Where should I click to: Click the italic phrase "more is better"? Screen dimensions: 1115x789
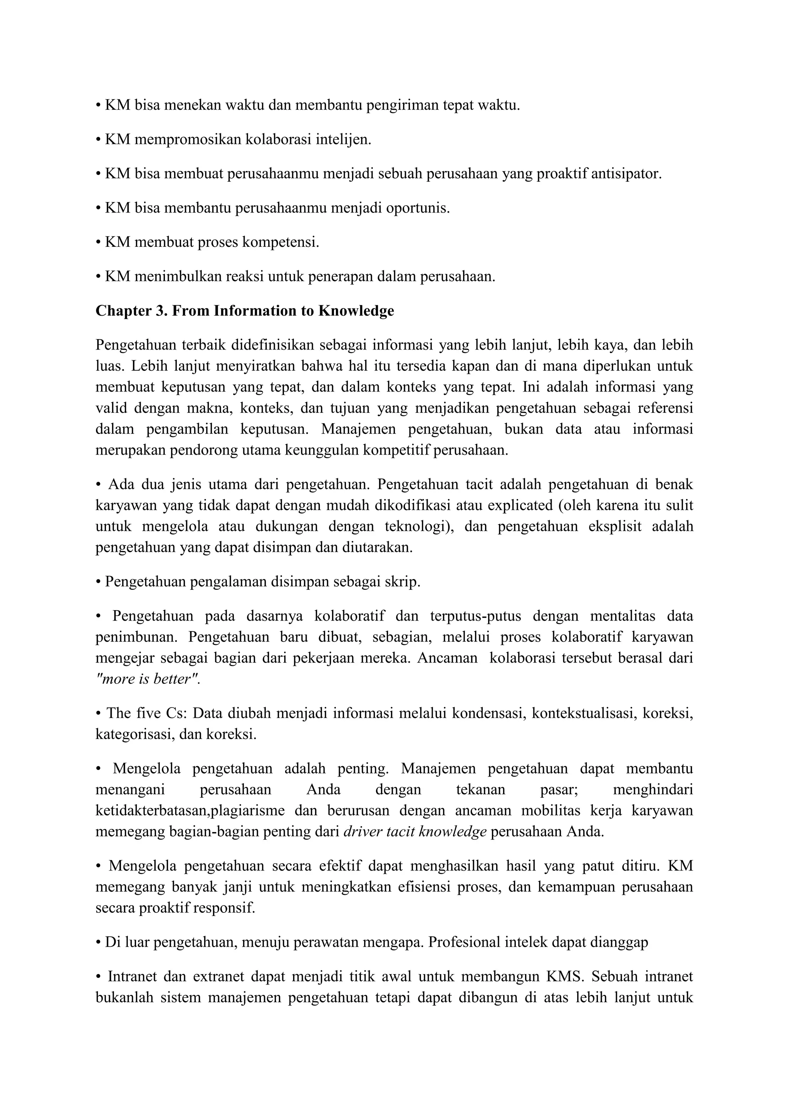point(147,679)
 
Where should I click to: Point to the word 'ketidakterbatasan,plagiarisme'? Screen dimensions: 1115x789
point(190,810)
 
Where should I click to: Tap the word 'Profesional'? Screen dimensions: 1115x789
point(465,942)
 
